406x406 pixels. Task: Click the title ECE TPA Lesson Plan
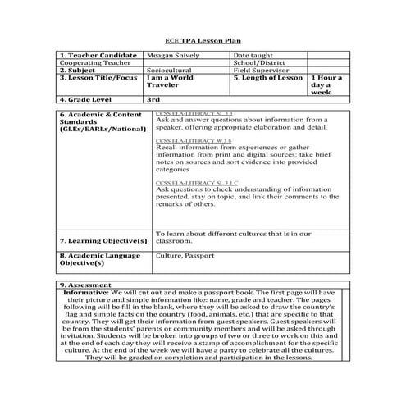coord(203,40)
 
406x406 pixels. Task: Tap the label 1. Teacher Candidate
coord(95,56)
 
